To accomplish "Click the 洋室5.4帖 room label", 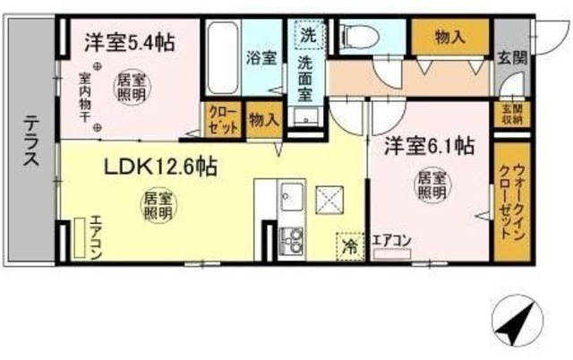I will pyautogui.click(x=129, y=42).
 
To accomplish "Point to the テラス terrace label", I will pyautogui.click(x=30, y=142).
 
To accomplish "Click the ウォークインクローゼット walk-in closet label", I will pyautogui.click(x=513, y=202).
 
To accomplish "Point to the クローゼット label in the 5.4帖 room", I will pyautogui.click(x=222, y=118).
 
